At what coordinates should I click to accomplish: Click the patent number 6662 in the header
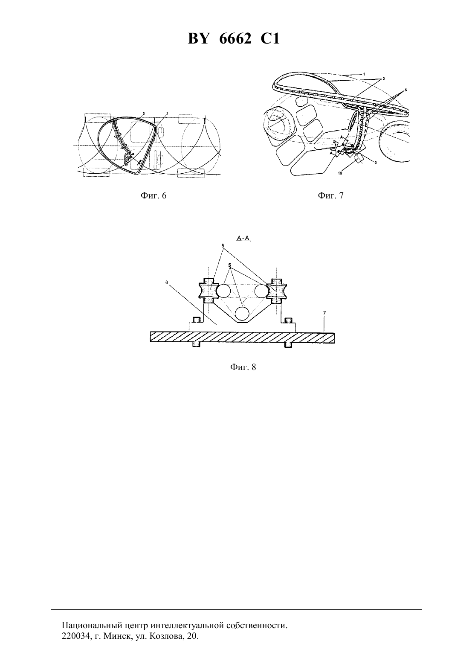(x=235, y=39)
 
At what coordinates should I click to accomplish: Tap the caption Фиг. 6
(x=153, y=195)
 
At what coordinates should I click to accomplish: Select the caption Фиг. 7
(x=331, y=195)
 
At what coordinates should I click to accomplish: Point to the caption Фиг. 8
(x=243, y=367)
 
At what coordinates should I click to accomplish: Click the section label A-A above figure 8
(x=243, y=238)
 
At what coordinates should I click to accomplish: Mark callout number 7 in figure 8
(x=324, y=313)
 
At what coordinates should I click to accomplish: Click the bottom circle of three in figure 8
(x=243, y=314)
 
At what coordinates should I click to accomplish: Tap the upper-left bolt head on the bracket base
(x=197, y=320)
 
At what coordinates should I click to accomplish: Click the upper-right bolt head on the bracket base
(x=288, y=320)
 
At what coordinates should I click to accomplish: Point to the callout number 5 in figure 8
(x=229, y=265)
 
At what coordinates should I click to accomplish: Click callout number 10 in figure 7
(x=340, y=173)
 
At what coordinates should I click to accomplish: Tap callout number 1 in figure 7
(x=364, y=73)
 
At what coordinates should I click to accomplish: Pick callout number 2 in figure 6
(x=167, y=114)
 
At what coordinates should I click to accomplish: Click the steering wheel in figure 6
(x=127, y=159)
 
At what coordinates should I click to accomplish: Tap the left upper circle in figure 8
(x=223, y=291)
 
